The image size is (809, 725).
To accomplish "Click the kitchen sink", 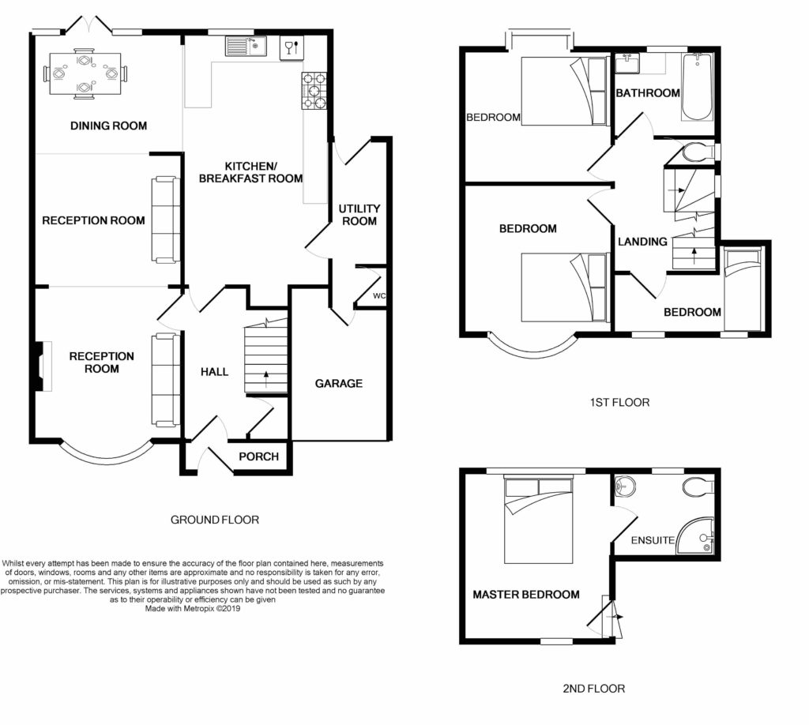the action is pos(245,46).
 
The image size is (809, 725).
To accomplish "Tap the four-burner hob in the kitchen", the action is pos(314,91).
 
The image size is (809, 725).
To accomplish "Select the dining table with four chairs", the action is pos(85,73).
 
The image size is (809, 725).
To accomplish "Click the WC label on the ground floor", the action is pos(379,296).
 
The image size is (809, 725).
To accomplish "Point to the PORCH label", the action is pos(258,456).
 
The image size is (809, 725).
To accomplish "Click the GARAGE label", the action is pos(339,384).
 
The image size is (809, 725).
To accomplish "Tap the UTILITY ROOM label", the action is pos(359,215).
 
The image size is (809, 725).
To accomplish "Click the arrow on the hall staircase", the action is pos(266,378).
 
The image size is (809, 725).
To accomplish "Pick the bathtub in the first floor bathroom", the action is pos(697,87).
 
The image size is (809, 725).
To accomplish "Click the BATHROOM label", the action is pos(648,93).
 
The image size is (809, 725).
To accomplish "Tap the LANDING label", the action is pos(642,242).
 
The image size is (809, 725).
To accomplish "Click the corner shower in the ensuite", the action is pos(697,536).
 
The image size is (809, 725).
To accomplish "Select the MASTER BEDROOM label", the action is pos(526,595).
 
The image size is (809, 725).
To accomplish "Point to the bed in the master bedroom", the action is pos(538,520).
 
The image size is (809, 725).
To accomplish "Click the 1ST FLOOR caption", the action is pos(619,403).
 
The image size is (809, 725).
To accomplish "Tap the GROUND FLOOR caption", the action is pos(215,520).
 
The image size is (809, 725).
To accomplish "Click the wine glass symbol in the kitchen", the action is pos(292,48).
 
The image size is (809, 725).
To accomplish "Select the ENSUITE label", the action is pos(653,540).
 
